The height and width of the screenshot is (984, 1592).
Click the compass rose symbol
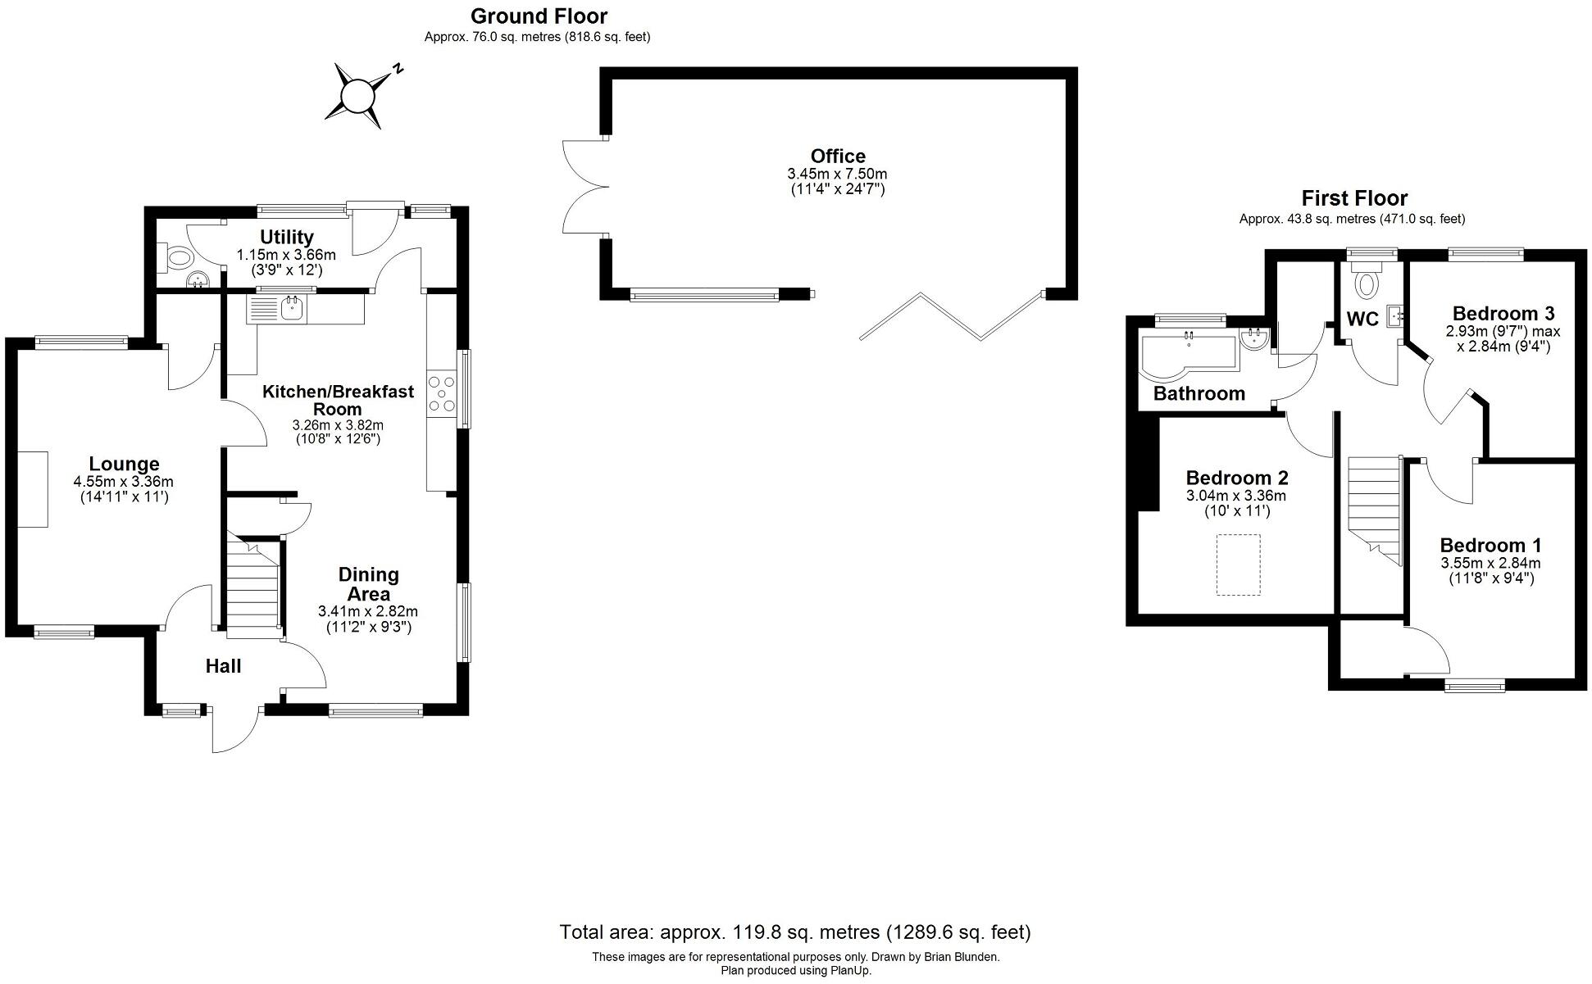[x=357, y=97]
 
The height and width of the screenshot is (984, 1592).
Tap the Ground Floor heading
[x=539, y=16]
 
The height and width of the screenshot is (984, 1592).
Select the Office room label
[x=837, y=156]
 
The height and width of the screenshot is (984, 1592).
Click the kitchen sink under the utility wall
[x=292, y=309]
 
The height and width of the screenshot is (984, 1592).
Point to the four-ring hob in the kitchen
[x=443, y=393]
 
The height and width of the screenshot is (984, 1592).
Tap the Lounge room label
[x=124, y=464]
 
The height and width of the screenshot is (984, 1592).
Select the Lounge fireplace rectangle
[x=33, y=489]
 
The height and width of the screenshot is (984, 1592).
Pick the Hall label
[x=223, y=666]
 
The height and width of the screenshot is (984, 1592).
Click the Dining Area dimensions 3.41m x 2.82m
[x=368, y=611]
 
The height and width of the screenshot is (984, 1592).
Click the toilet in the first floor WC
[x=1366, y=283]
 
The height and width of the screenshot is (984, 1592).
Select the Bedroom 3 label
[x=1503, y=313]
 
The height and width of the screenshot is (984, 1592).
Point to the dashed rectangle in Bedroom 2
[x=1238, y=565]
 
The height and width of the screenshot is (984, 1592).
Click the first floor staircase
[x=1373, y=508]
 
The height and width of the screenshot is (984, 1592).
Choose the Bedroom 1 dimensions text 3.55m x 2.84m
[x=1490, y=563]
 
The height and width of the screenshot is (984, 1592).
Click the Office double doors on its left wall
[x=584, y=187]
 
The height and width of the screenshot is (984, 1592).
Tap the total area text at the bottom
[x=794, y=932]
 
